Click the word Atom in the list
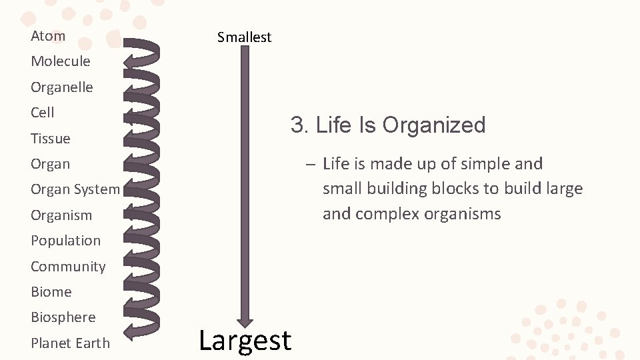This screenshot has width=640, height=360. coord(48,36)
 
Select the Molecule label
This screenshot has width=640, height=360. coord(60,61)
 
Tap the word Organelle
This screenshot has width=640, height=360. coord(61,87)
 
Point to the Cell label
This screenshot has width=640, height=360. coord(42,113)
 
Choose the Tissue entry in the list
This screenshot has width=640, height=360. coord(50,139)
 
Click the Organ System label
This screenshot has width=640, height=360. coord(75,189)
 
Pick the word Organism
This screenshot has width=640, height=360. coord(61,215)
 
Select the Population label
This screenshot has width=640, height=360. coord(65,241)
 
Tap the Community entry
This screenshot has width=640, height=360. coord(68,267)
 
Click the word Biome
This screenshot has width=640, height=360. coord(51,292)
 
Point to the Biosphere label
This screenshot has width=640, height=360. coord(63,317)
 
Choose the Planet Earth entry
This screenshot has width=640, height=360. coord(70,343)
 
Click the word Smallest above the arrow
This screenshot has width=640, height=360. coord(244,37)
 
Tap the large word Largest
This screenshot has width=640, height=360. coord(245,340)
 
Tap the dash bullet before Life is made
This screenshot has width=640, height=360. coord(311,164)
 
